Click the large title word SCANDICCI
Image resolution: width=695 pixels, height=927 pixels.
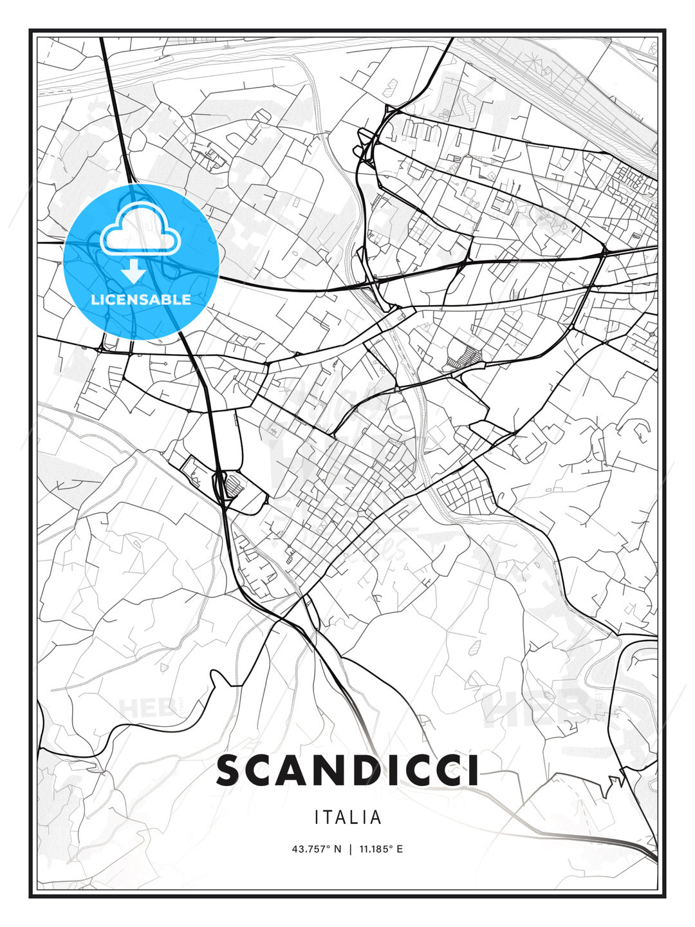[x=347, y=771]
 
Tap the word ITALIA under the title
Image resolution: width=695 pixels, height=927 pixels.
[x=347, y=818]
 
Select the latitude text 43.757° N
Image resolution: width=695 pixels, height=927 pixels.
[x=317, y=849]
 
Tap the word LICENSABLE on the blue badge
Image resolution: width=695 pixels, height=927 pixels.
[x=141, y=299]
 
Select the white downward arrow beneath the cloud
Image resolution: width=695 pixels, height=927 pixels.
[x=134, y=271]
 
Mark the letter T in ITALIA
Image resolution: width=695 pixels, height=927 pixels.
[x=329, y=818]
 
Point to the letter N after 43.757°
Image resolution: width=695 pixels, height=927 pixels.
[x=338, y=849]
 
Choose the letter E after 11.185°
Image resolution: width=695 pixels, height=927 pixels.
[x=400, y=849]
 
